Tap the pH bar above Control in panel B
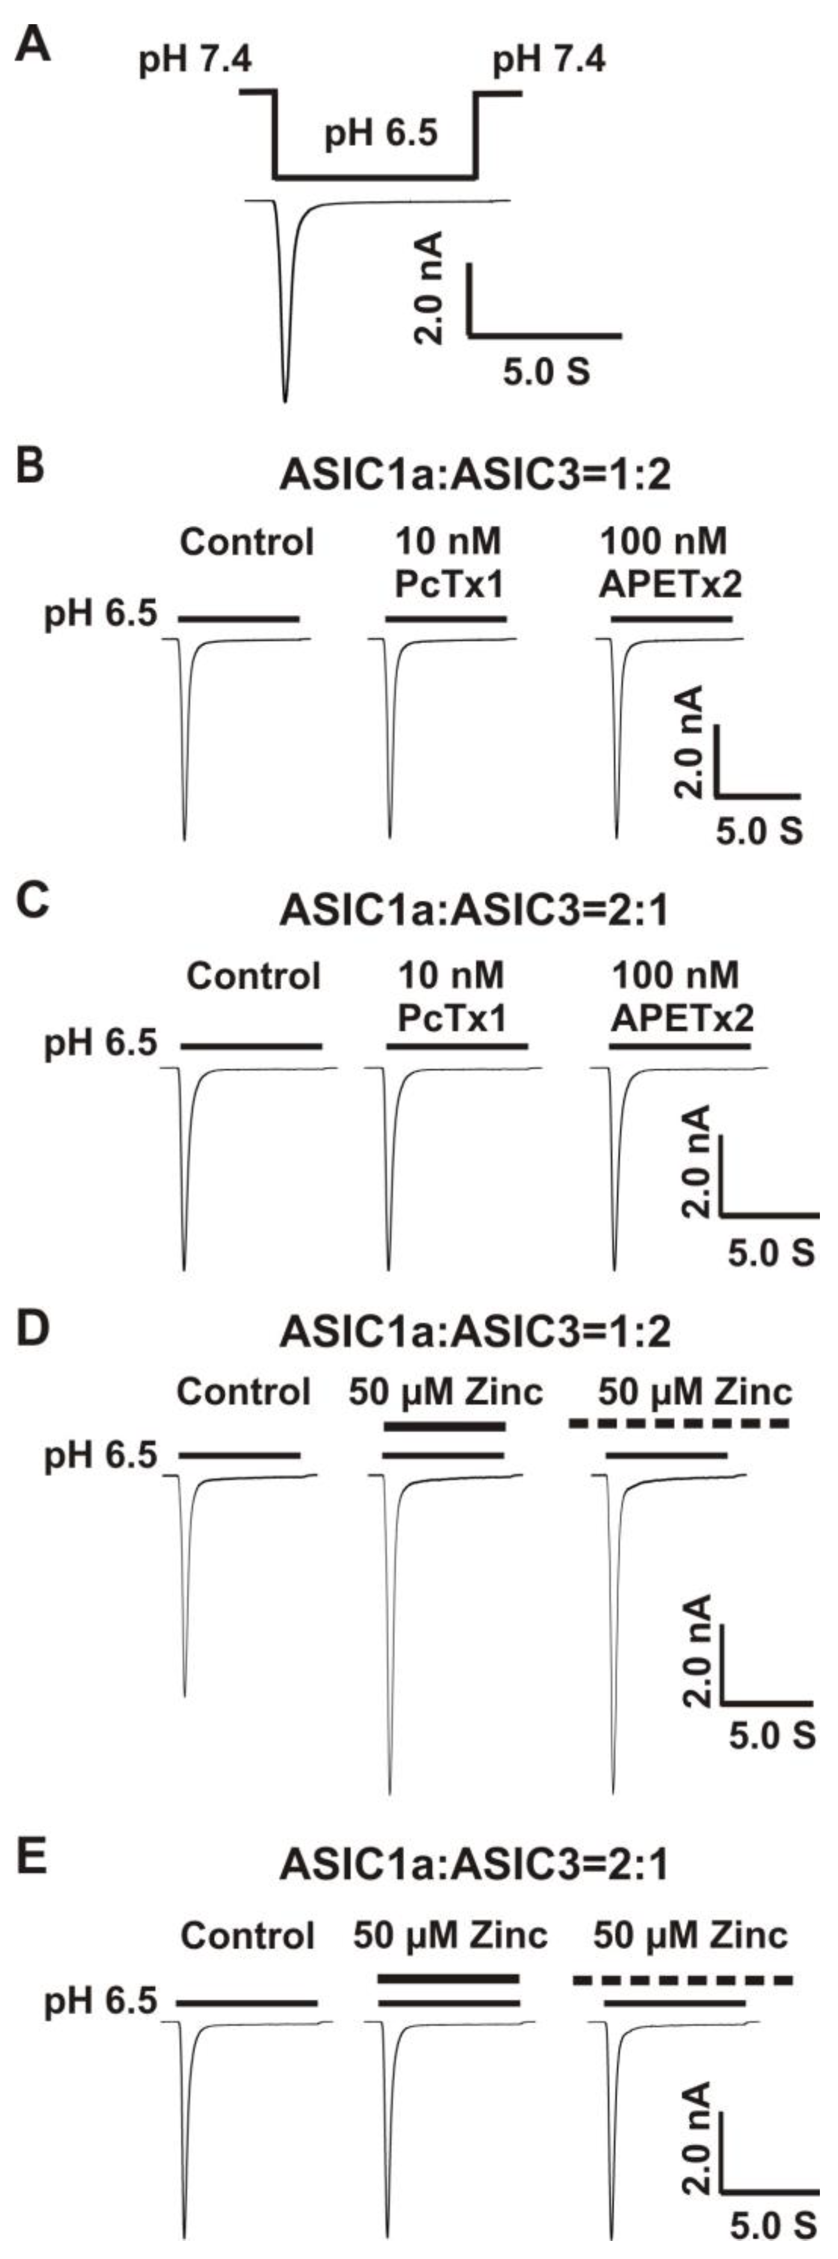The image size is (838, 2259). click(239, 619)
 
